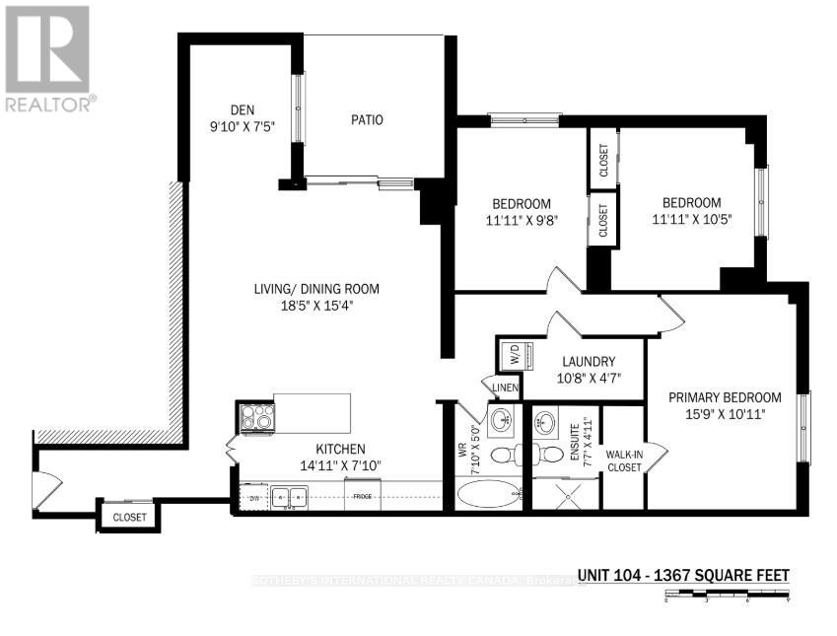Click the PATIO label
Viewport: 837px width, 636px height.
tap(367, 120)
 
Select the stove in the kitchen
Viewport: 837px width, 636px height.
tap(254, 418)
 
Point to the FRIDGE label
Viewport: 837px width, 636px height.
tap(362, 497)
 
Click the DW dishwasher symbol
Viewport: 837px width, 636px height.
tap(253, 497)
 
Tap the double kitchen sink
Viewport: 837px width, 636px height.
tap(289, 497)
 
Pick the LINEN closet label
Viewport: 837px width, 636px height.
tap(506, 388)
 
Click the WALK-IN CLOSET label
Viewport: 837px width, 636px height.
tap(625, 461)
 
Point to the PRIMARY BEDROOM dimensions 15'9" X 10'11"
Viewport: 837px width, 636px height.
tap(725, 415)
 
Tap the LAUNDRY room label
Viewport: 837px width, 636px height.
tap(591, 361)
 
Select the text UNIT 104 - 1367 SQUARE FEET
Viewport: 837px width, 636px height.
tap(683, 576)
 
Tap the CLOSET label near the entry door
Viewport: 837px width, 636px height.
tap(129, 517)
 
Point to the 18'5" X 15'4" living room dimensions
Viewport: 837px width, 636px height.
tap(314, 306)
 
